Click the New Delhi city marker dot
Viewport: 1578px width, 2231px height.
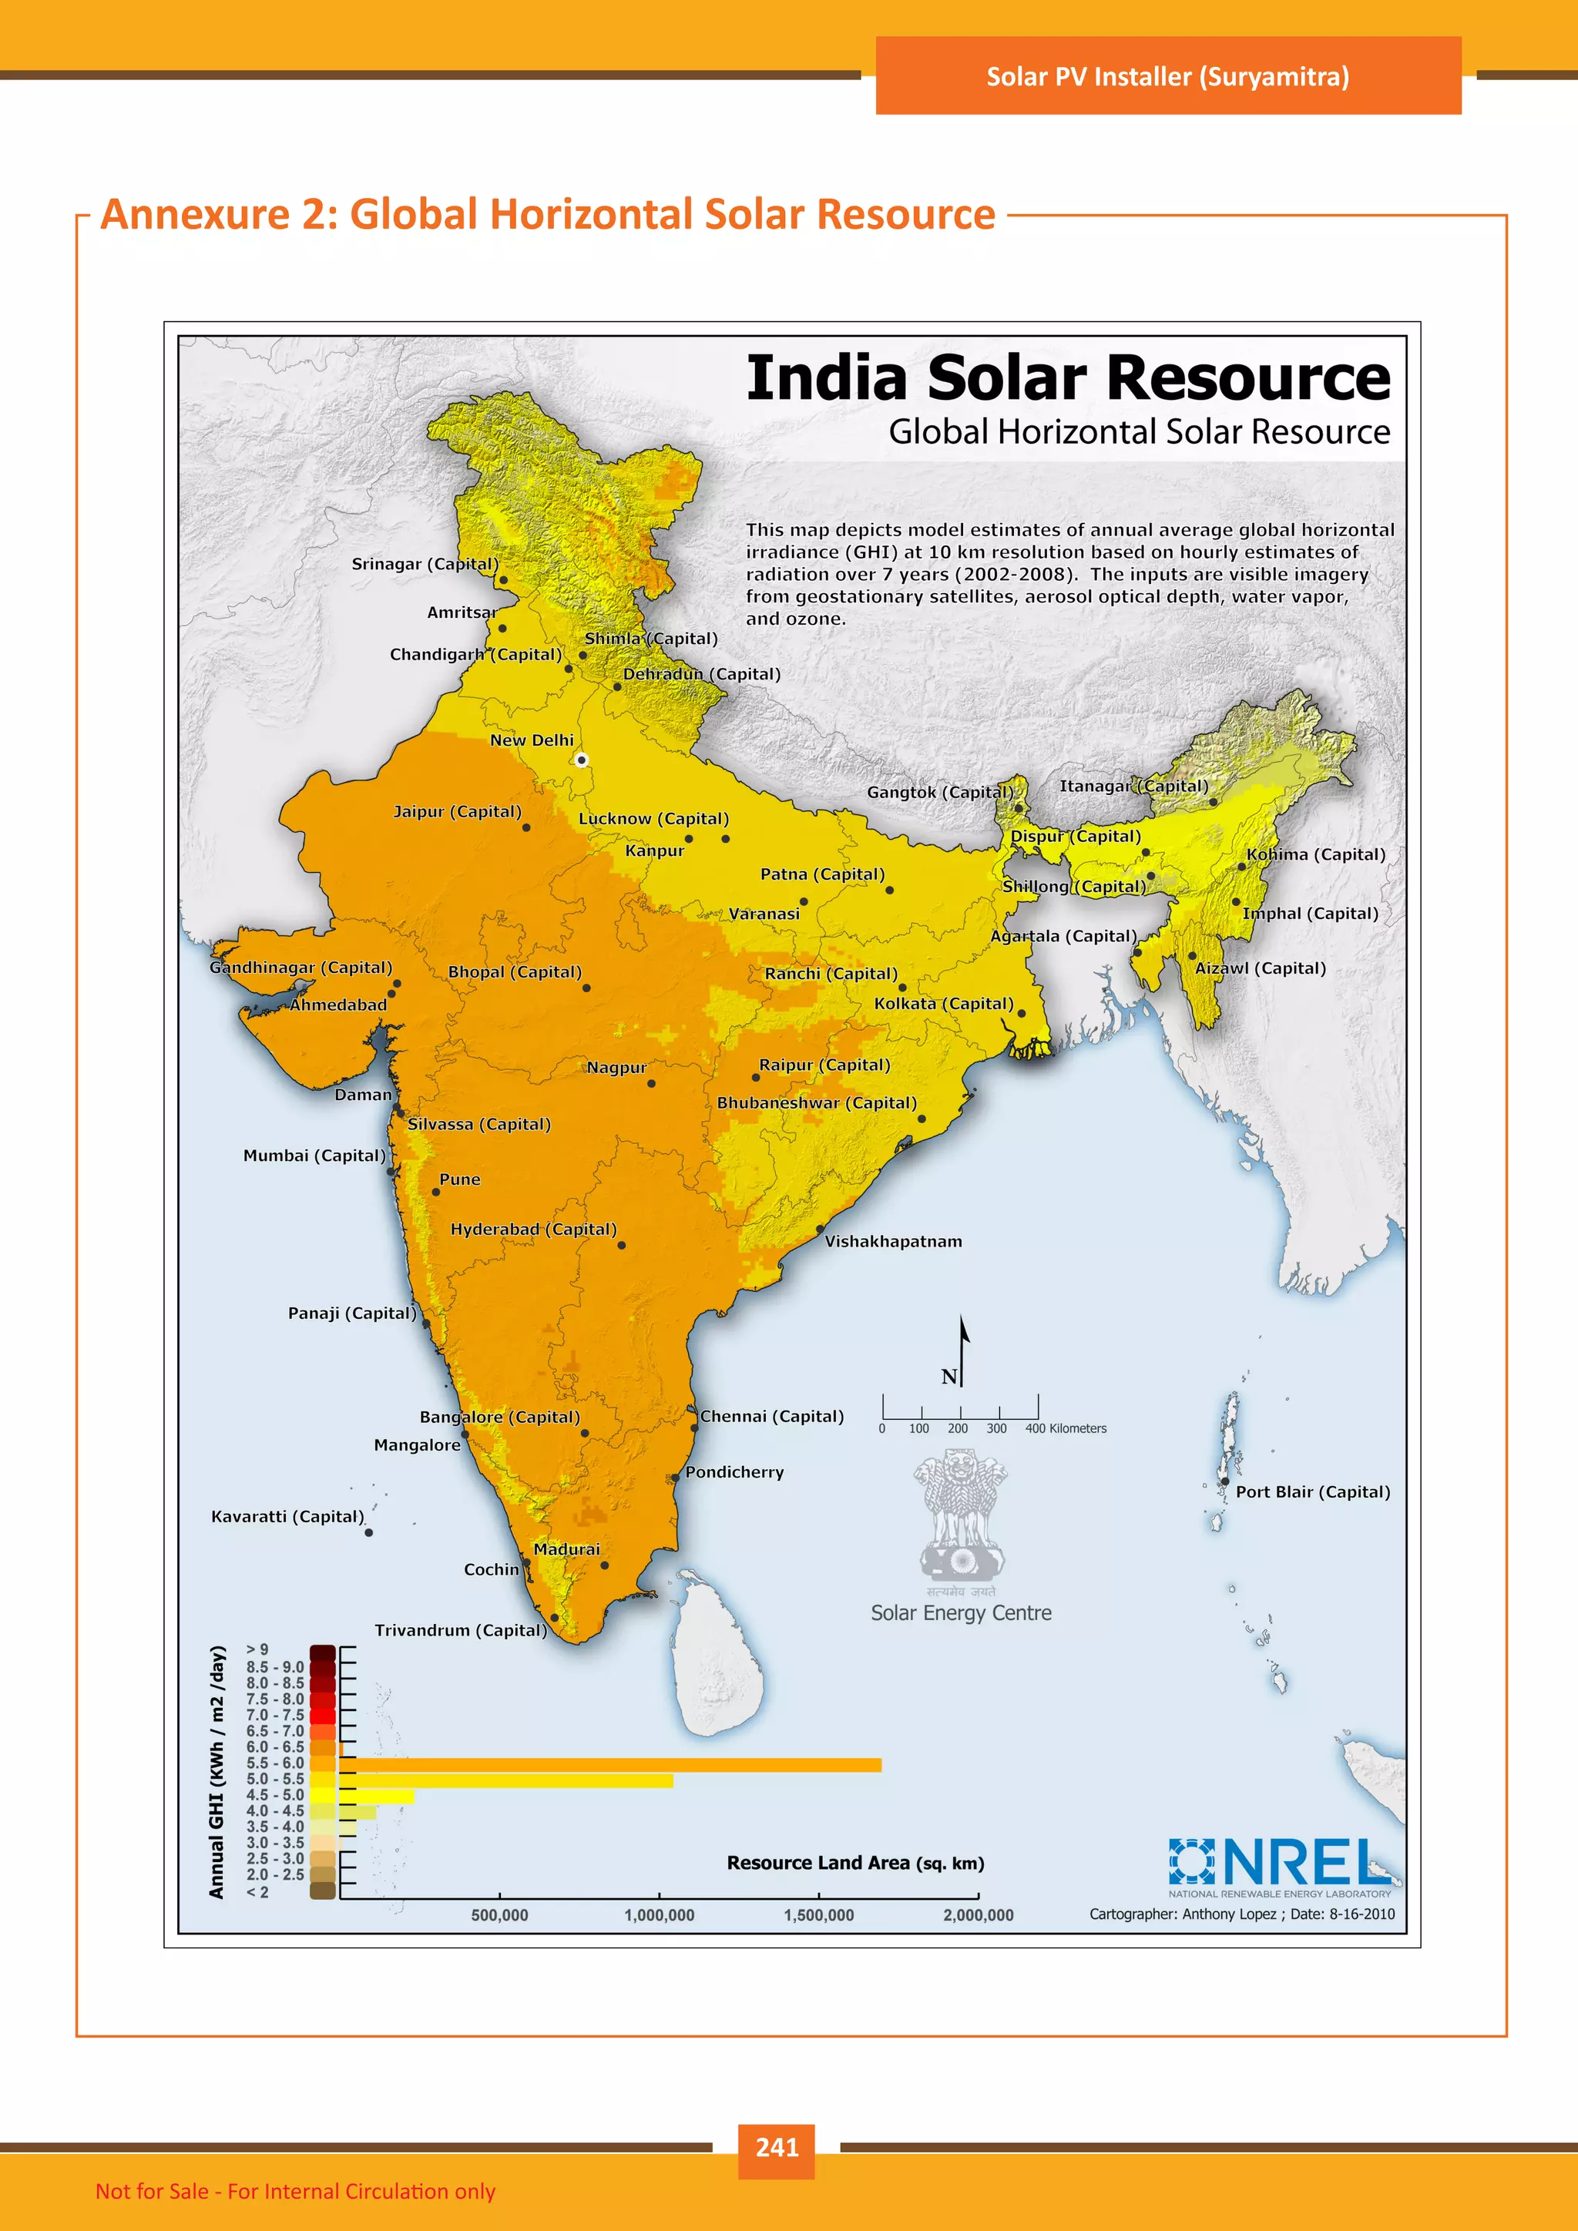pos(581,760)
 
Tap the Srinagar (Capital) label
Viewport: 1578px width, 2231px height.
pos(425,564)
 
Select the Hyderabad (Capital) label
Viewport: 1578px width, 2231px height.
pos(533,1230)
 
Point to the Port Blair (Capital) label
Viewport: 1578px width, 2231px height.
pos(1311,1491)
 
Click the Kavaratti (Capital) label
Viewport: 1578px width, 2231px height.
pos(287,1516)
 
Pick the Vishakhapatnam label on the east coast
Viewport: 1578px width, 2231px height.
pos(893,1241)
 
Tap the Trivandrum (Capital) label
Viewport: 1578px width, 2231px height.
pos(461,1629)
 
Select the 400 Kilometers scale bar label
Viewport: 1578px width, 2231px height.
pos(1065,1428)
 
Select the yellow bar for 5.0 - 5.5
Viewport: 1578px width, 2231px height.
pos(505,1780)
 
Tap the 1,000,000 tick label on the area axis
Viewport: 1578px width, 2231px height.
pos(659,1915)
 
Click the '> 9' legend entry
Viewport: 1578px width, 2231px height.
pos(257,1649)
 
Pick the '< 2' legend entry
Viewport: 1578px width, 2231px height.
pos(257,1891)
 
